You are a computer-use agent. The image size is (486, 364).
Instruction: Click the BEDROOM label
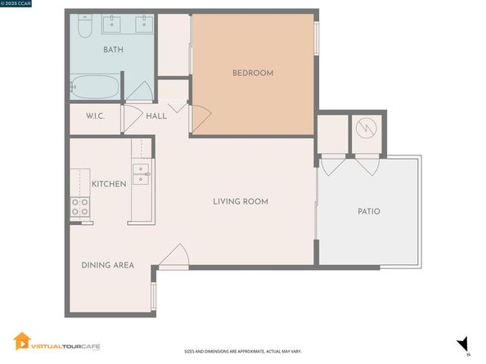(x=253, y=73)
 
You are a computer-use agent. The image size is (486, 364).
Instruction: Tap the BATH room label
(x=113, y=50)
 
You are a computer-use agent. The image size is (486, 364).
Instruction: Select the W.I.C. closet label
(x=95, y=116)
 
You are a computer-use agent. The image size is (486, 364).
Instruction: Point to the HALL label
(x=156, y=116)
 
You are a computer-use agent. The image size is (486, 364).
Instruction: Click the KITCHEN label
(x=109, y=184)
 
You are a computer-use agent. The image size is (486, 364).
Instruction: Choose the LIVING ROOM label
(x=241, y=202)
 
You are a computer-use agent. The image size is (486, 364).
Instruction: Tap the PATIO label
(x=369, y=212)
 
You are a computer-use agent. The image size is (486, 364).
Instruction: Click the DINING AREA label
(x=107, y=265)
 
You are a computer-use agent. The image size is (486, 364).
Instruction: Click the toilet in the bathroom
(x=85, y=26)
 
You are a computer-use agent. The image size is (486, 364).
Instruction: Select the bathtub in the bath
(x=95, y=87)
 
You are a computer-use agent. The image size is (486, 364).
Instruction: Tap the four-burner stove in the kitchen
(x=80, y=207)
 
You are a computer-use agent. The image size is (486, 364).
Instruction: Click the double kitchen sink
(x=141, y=174)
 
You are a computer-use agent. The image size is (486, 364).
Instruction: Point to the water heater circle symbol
(x=366, y=128)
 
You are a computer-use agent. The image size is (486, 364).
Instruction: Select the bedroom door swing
(x=200, y=119)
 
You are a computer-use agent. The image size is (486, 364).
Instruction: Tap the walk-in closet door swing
(x=133, y=119)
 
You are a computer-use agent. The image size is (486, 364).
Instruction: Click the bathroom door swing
(x=139, y=91)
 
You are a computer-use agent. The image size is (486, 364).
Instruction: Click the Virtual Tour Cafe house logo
(x=22, y=341)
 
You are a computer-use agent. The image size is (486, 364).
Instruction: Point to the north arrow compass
(x=463, y=344)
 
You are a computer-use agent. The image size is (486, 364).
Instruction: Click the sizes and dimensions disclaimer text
(x=243, y=352)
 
